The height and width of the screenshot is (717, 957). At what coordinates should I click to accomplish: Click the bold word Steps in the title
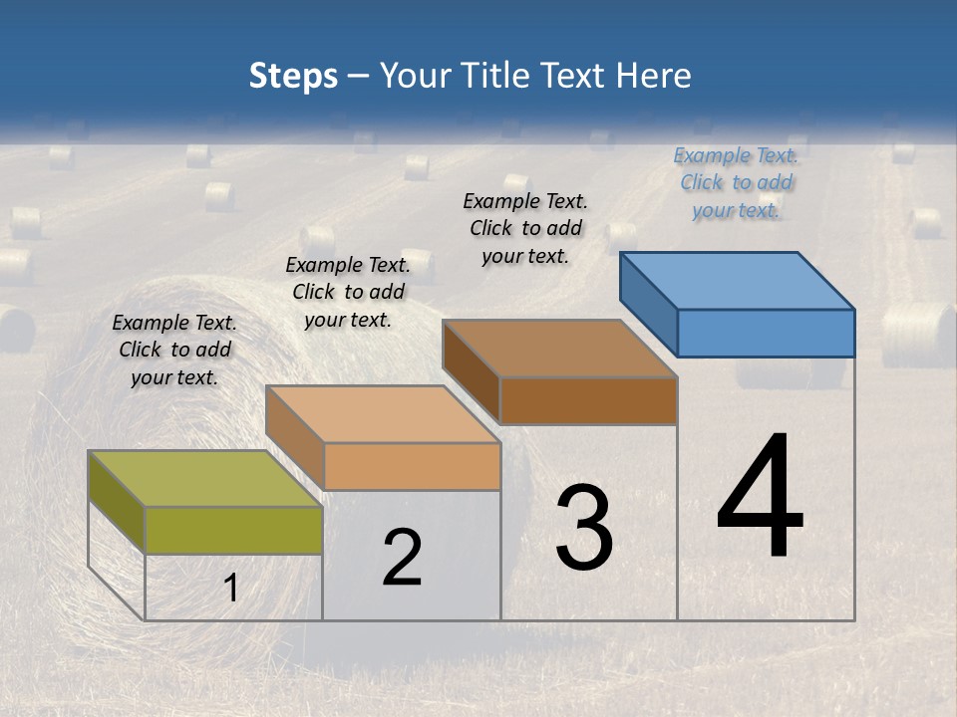[293, 76]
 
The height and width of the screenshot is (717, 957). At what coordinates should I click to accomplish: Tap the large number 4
[760, 497]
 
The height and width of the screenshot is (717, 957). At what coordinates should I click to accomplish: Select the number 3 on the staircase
[584, 528]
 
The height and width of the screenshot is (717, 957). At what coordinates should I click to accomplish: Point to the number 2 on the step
[402, 558]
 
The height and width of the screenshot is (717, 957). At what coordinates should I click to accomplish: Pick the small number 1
[230, 589]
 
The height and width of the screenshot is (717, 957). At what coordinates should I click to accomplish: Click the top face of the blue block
[738, 280]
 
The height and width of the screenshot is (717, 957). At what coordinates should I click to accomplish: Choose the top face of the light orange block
[383, 413]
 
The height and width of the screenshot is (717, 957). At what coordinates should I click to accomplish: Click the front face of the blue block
[766, 333]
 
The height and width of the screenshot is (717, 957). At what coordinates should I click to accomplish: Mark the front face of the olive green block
[233, 530]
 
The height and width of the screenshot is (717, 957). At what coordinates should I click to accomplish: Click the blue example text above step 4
[736, 182]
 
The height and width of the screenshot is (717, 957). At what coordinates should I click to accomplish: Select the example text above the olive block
[174, 350]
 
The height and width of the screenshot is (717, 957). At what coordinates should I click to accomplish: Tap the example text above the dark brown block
[525, 228]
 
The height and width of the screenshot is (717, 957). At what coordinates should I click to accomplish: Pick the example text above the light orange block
[347, 292]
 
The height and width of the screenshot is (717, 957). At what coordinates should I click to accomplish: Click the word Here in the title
[654, 76]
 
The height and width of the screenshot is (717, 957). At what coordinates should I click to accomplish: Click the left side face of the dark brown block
[471, 373]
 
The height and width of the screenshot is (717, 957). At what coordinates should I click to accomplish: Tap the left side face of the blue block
[648, 304]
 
